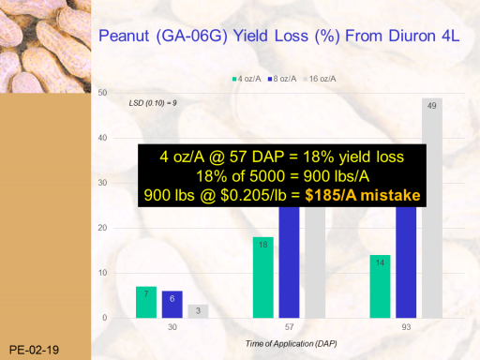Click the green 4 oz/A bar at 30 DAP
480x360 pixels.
[146, 302]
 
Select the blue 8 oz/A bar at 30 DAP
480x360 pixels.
[172, 305]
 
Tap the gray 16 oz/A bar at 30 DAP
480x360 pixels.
[198, 311]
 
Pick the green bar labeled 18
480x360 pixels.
[263, 277]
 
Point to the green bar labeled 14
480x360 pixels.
[380, 287]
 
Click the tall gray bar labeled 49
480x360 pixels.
[432, 208]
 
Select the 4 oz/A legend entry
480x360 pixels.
[247, 79]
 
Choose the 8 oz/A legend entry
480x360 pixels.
[282, 79]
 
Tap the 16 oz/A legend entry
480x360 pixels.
[320, 79]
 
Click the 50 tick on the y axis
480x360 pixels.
[102, 93]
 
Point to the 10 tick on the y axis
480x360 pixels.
[102, 273]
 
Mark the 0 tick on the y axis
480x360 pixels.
[105, 318]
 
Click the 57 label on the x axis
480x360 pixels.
[289, 327]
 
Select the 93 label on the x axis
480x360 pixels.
[406, 327]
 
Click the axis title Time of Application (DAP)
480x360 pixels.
[292, 344]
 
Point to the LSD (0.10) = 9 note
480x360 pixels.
[153, 103]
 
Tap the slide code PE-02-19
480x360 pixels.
[34, 350]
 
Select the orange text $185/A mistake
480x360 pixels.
[363, 195]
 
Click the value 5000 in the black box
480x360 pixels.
[264, 176]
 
